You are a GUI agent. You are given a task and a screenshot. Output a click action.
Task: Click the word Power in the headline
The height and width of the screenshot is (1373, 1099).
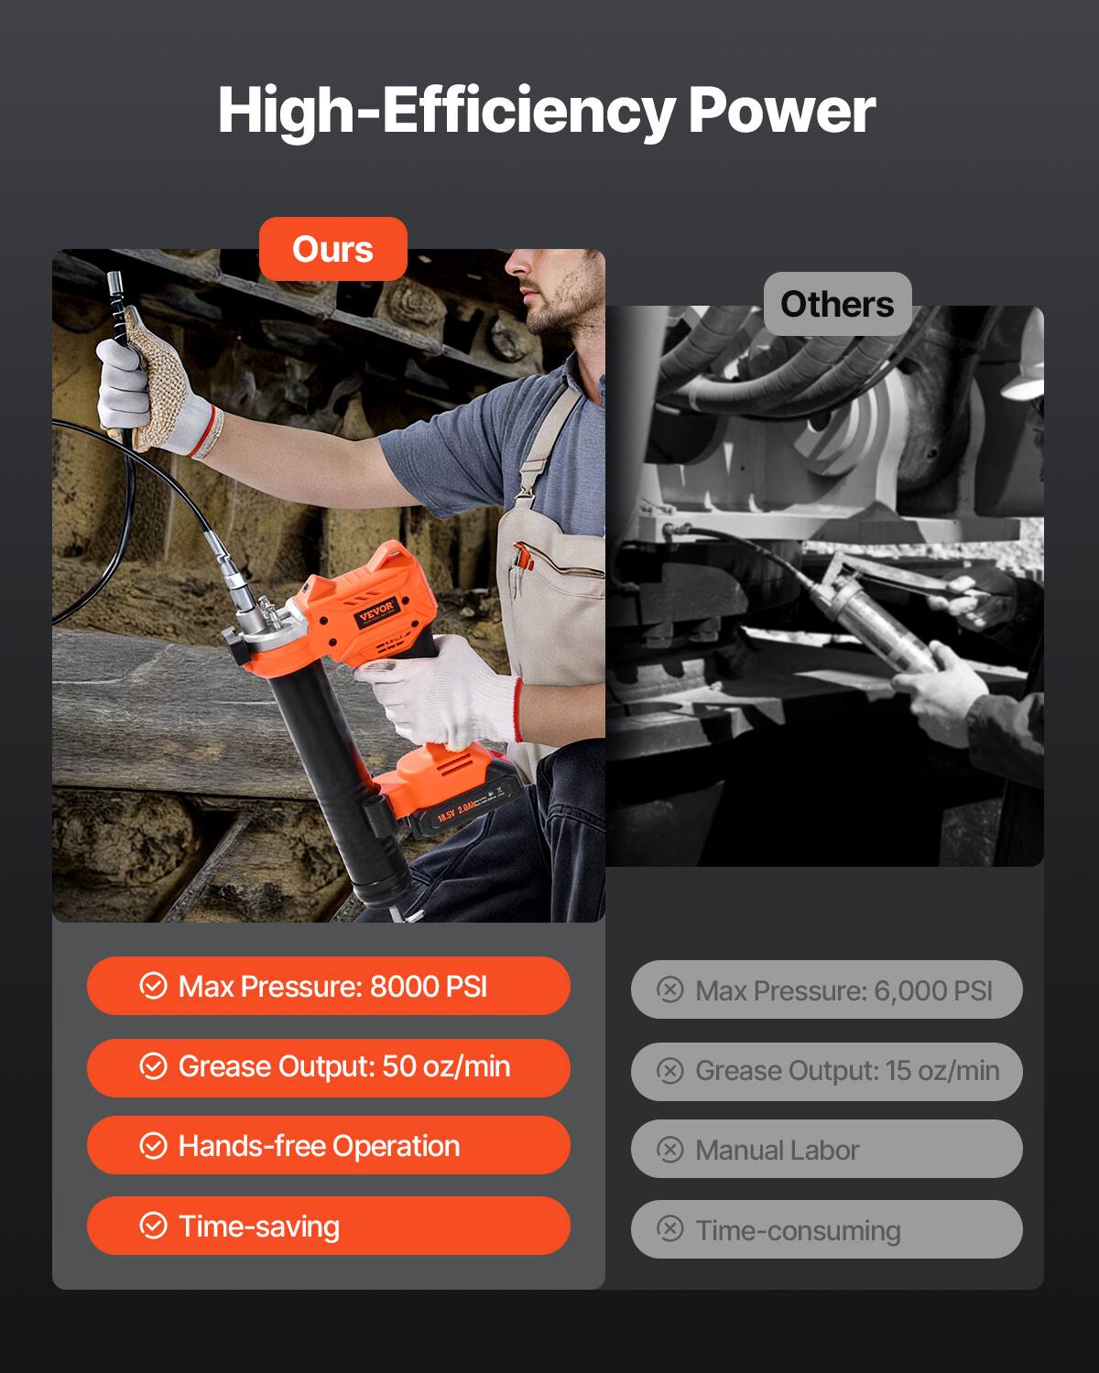pyautogui.click(x=781, y=111)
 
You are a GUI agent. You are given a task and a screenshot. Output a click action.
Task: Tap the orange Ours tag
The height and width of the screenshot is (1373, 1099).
pyautogui.click(x=332, y=249)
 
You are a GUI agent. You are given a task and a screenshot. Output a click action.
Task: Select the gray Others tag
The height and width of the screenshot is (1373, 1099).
pyautogui.click(x=837, y=304)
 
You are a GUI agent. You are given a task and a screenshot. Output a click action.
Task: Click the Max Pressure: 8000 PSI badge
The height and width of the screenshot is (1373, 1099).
pyautogui.click(x=328, y=986)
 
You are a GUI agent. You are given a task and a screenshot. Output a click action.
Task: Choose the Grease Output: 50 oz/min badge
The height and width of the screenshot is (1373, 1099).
pyautogui.click(x=328, y=1066)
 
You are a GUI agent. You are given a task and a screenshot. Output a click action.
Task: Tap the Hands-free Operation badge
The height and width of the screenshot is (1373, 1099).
pyautogui.click(x=328, y=1146)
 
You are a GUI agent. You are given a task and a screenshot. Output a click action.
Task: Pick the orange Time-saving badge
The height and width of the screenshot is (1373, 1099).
pyautogui.click(x=328, y=1226)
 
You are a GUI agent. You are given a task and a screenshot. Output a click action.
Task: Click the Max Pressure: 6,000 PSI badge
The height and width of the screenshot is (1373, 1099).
pyautogui.click(x=826, y=989)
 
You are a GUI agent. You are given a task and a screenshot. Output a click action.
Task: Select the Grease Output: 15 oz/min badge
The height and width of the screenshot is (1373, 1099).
pyautogui.click(x=826, y=1071)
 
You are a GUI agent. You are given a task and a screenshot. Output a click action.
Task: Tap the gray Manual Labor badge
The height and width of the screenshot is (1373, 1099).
pyautogui.click(x=826, y=1150)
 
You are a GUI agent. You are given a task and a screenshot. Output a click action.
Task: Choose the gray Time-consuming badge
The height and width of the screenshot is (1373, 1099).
pyautogui.click(x=826, y=1230)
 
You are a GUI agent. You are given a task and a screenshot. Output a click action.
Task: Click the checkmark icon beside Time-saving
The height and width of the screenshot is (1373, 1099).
pyautogui.click(x=153, y=1226)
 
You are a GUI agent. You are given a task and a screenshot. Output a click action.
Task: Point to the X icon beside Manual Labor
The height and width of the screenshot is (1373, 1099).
pyautogui.click(x=670, y=1150)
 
